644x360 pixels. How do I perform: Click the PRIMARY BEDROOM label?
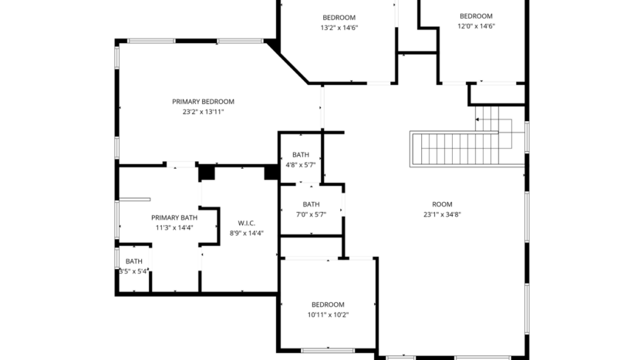(x=203, y=102)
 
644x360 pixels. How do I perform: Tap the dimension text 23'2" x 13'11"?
(x=203, y=113)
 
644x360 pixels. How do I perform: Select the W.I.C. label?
(x=246, y=223)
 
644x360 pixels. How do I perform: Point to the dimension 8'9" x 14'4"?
(x=246, y=233)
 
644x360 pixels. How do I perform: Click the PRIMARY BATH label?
(x=174, y=217)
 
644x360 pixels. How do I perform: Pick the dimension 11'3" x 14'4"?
(x=174, y=227)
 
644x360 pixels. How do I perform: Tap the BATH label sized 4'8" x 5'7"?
(x=300, y=155)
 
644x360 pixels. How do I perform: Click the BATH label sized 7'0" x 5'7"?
(x=311, y=204)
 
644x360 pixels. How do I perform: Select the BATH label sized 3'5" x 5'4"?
(x=134, y=261)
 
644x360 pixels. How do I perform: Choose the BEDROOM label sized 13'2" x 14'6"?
(x=339, y=18)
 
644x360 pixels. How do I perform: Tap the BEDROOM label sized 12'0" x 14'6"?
(x=475, y=16)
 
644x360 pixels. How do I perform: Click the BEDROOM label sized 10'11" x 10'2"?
(x=328, y=304)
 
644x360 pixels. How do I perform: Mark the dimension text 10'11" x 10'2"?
(x=328, y=315)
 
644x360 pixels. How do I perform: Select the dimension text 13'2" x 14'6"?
(x=339, y=28)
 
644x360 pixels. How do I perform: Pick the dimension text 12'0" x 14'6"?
(x=475, y=26)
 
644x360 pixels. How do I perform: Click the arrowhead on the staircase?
(x=477, y=119)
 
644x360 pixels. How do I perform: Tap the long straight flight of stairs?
(x=456, y=148)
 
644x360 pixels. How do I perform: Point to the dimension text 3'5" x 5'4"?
(x=133, y=271)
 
